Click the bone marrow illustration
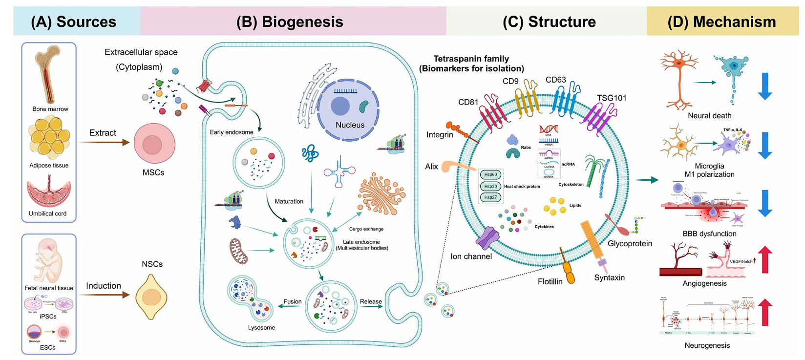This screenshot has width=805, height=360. (x=48, y=73)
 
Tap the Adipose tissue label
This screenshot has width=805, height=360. (x=49, y=166)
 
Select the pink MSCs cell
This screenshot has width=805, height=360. (x=154, y=143)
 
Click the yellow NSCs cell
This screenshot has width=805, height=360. (x=151, y=296)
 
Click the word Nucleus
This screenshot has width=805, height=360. (x=350, y=125)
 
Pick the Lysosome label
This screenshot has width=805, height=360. (x=261, y=328)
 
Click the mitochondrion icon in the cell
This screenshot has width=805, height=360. (x=238, y=251)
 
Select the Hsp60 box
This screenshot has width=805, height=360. (x=490, y=174)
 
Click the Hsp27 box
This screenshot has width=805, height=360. (x=490, y=197)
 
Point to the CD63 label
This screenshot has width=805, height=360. (x=555, y=80)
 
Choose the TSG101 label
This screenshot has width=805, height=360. (x=612, y=98)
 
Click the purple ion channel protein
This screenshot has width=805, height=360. (x=487, y=238)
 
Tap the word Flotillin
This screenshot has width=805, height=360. (x=550, y=281)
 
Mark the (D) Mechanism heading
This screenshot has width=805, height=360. (x=721, y=22)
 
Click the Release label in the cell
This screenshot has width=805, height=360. (x=371, y=301)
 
